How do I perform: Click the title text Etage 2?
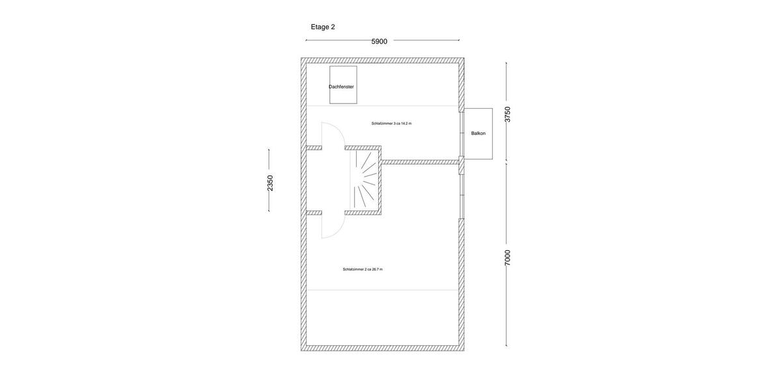click(x=323, y=27)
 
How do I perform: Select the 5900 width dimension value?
click(x=379, y=42)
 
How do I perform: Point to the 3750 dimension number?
click(x=508, y=114)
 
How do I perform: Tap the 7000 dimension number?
click(x=508, y=257)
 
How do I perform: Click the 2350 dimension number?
click(x=270, y=182)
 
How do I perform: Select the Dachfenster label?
click(x=342, y=87)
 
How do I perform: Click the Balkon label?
click(x=478, y=133)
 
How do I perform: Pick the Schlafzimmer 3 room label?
click(x=391, y=123)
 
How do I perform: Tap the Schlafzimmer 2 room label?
click(x=363, y=269)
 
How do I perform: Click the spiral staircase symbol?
click(x=364, y=181)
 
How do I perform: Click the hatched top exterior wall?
click(x=382, y=60)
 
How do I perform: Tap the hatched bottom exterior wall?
click(x=382, y=349)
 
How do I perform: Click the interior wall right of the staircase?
click(x=420, y=162)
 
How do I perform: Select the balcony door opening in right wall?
click(x=461, y=134)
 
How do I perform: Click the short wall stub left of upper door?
click(x=314, y=148)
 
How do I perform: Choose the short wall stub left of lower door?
click(x=314, y=212)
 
